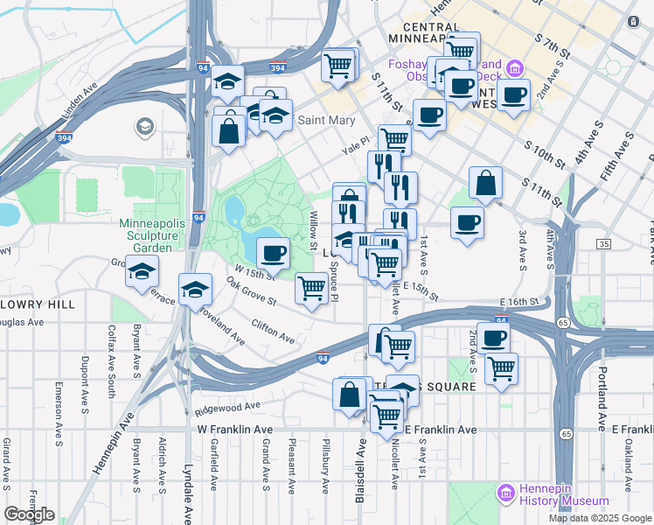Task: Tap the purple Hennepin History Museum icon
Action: [505, 494]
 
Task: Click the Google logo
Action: [29, 514]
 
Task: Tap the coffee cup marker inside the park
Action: [273, 253]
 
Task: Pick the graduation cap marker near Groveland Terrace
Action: [142, 272]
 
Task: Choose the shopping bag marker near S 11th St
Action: [485, 183]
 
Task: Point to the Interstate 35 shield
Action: [605, 244]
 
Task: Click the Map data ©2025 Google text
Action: [599, 518]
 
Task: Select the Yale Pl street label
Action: [351, 150]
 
